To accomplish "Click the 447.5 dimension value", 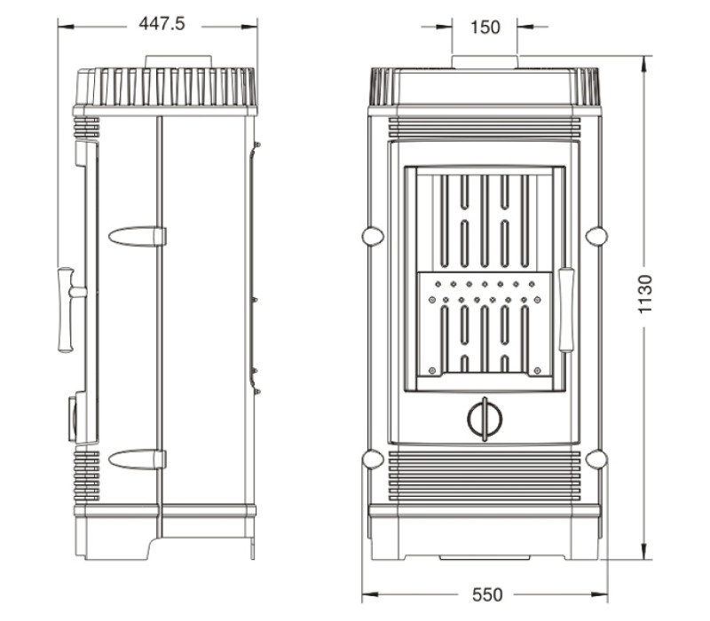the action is click(162, 24).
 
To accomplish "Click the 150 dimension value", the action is click(485, 28).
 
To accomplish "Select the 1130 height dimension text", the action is click(645, 294).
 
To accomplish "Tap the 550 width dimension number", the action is click(487, 594).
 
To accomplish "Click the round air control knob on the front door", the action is click(485, 419).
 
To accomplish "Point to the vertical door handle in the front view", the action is click(566, 310).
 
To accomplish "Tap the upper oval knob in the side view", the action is click(138, 237).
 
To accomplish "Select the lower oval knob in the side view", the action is click(138, 460).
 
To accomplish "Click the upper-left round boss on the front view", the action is click(373, 236).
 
